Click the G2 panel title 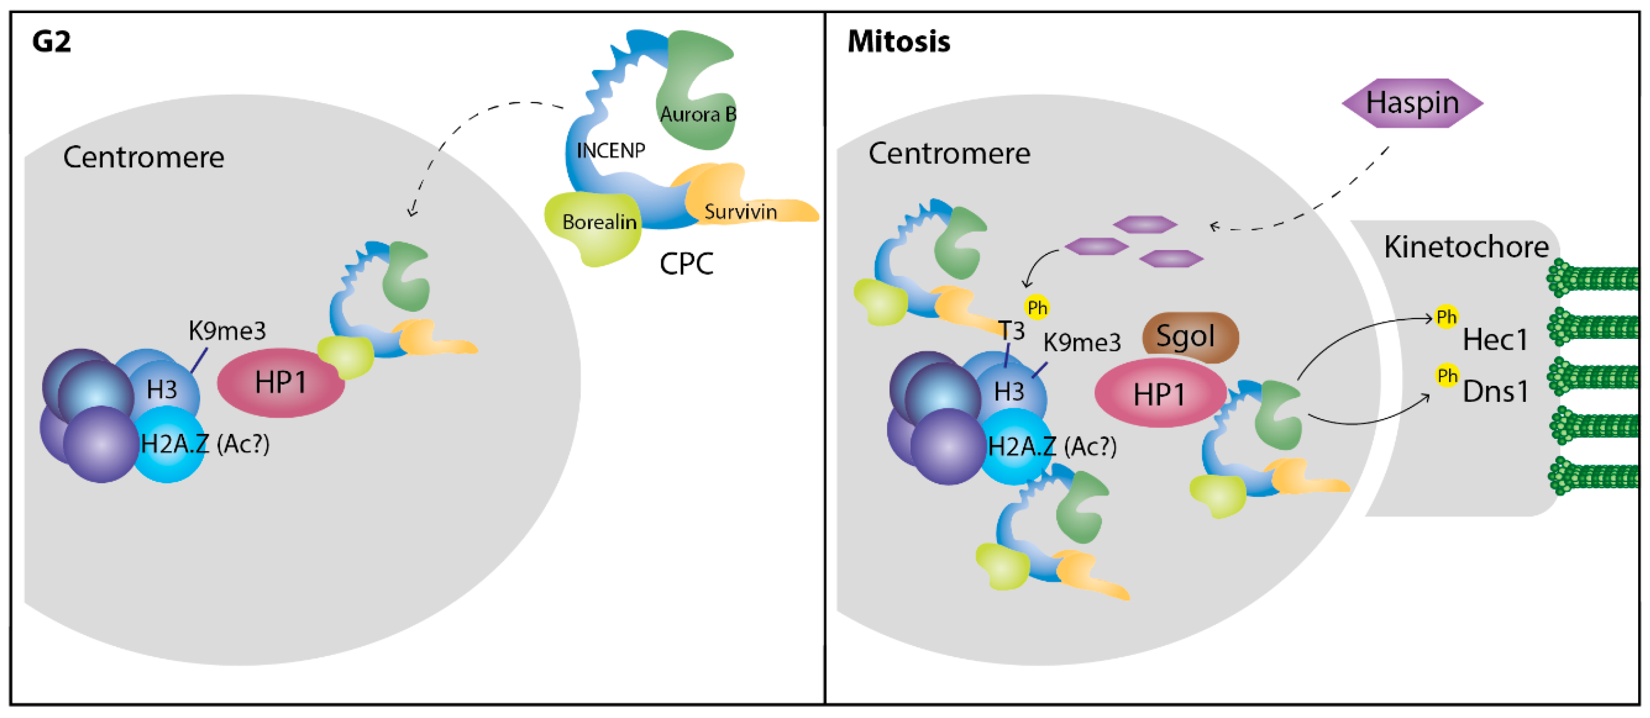51,42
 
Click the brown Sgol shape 1189,336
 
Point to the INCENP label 610,151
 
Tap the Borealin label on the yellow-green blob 599,222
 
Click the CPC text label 686,264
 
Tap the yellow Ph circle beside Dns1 1447,376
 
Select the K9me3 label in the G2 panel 227,331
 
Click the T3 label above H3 1012,331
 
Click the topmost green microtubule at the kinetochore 1593,279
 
